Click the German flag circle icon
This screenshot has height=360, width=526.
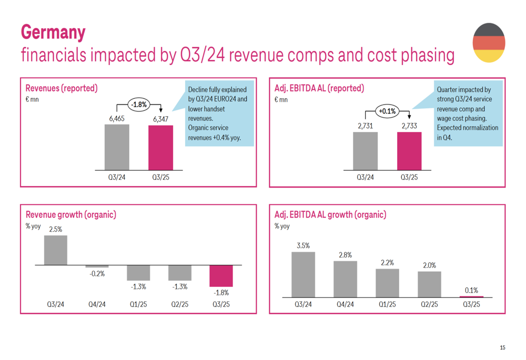[x=489, y=43]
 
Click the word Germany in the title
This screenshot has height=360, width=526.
[x=53, y=32]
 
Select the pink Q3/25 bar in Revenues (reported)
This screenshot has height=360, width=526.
[x=160, y=148]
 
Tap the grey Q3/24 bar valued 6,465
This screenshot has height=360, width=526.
[x=117, y=147]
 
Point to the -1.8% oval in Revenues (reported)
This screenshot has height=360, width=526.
[x=139, y=105]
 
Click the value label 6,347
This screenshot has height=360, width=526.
[x=160, y=119]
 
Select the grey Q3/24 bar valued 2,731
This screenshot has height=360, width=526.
[x=365, y=151]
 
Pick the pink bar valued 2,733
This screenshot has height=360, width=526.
[x=409, y=151]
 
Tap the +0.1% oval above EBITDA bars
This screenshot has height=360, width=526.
[x=387, y=111]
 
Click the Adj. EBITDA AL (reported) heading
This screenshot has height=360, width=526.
[x=319, y=88]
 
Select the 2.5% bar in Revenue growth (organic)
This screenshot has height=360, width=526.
[x=55, y=250]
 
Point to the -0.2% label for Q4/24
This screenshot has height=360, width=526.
[x=97, y=274]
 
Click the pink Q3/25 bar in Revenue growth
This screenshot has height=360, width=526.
[x=221, y=276]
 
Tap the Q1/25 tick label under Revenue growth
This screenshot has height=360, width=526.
[x=138, y=304]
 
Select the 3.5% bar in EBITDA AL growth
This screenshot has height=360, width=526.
[x=303, y=274]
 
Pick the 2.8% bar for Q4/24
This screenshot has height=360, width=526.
[x=345, y=279]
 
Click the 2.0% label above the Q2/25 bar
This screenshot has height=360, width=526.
[x=429, y=265]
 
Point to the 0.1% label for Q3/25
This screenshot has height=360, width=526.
[x=471, y=290]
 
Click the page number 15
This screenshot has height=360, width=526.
[x=502, y=347]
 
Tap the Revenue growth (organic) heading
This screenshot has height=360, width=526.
[x=71, y=214]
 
